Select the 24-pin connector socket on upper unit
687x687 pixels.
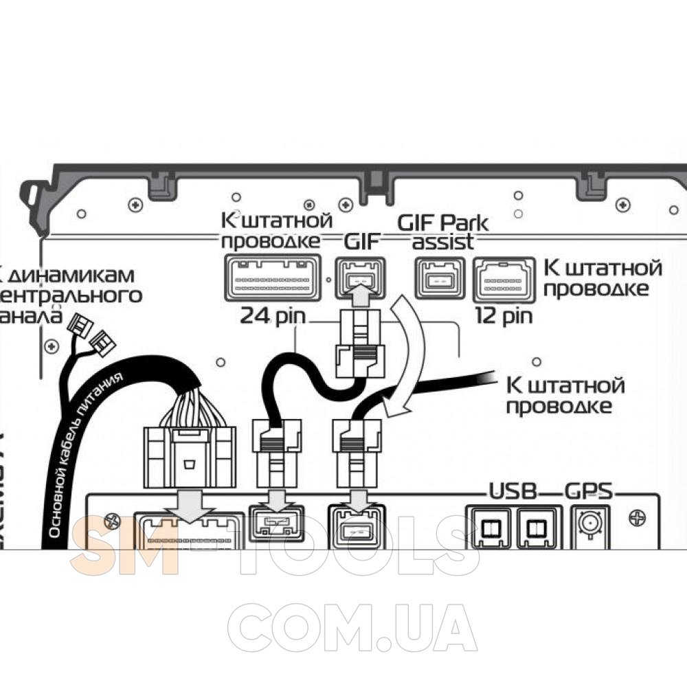coord(273,277)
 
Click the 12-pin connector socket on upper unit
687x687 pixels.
coord(504,279)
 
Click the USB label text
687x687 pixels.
coord(511,492)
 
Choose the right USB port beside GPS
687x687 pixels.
coord(539,528)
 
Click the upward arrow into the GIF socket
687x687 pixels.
coord(360,294)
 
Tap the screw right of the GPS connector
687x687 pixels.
coord(637,515)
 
